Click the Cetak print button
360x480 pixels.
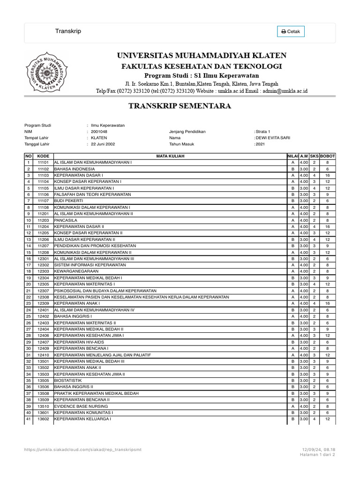291,31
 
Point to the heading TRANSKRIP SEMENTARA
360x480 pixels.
180,106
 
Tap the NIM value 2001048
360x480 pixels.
99,132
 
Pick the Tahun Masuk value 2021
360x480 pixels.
261,144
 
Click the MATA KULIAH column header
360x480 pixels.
170,156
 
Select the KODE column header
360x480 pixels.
43,156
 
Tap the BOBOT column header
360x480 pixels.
327,156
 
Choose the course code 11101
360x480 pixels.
43,162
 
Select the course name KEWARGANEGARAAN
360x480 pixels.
76,271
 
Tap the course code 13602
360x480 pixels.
43,419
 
